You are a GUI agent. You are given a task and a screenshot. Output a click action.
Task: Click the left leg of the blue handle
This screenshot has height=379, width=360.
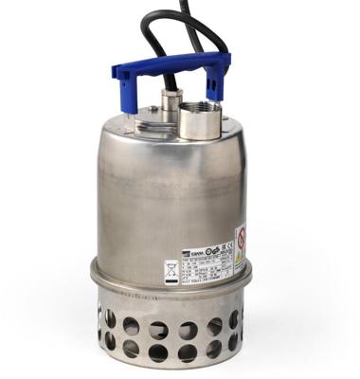[x=121, y=95]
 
